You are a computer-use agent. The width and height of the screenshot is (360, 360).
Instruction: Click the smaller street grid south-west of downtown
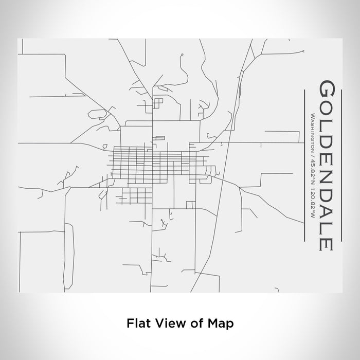click(135, 195)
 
